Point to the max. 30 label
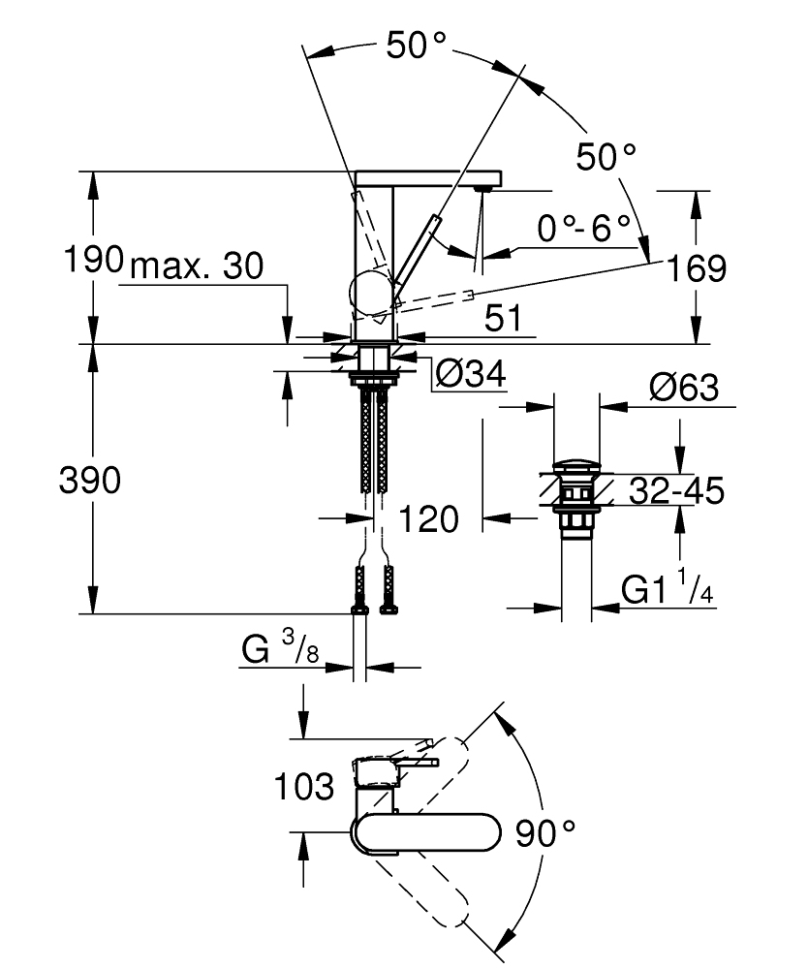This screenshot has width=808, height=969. coord(197,266)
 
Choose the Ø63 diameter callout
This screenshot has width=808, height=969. coord(683,390)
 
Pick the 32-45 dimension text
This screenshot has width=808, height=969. coord(675,491)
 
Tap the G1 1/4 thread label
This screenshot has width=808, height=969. coord(667,589)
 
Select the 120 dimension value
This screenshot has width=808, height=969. coord(428,519)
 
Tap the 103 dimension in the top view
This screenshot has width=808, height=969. coord(304,787)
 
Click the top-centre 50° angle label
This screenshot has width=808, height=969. coord(417,46)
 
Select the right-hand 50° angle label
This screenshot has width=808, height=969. coord(606,155)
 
